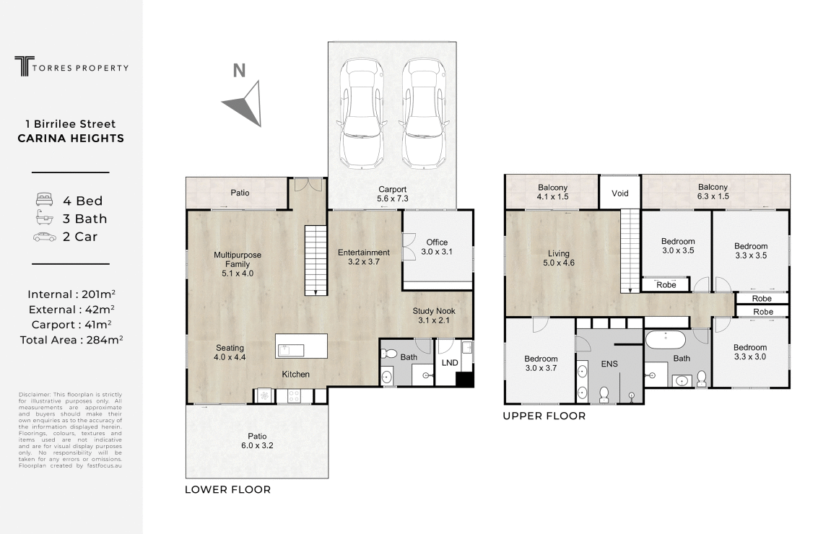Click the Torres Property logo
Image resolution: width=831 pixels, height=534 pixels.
coord(71,66)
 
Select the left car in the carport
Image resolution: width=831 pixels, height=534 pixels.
coord(362,113)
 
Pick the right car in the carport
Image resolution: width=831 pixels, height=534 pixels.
coord(424,113)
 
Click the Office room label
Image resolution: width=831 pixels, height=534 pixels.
coord(437,247)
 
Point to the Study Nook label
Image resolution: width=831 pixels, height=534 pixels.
coord(433,316)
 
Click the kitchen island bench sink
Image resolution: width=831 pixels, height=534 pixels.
coord(290,350)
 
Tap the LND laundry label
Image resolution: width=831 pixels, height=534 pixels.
coord(450,363)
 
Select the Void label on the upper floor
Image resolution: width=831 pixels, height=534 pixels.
coord(620,193)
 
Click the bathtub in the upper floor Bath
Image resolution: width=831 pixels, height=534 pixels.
coord(666,340)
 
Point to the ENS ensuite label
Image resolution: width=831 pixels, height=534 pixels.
coord(609,364)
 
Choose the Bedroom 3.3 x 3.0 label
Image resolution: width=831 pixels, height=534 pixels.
coord(750,352)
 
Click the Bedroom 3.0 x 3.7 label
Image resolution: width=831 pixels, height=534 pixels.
coord(541,364)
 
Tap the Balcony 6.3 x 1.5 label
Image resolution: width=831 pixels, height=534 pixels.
coord(713,192)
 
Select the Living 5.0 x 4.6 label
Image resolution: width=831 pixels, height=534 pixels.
coord(559,258)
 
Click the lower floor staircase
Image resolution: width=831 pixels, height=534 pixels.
coord(316,260)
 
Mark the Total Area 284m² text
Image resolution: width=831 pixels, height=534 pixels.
coord(71,340)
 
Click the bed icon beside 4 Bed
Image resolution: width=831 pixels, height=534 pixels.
coord(45,200)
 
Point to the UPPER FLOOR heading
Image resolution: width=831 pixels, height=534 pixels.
coord(544,416)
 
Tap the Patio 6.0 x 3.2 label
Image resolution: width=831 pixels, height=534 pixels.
coord(257,441)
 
